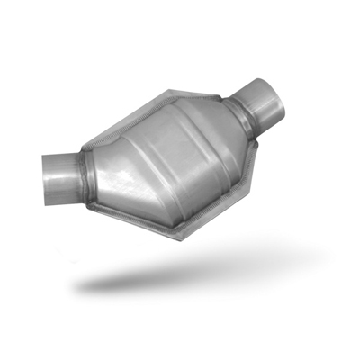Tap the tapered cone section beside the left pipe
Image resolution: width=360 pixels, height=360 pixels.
103,166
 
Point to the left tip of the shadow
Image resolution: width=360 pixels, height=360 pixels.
76,286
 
